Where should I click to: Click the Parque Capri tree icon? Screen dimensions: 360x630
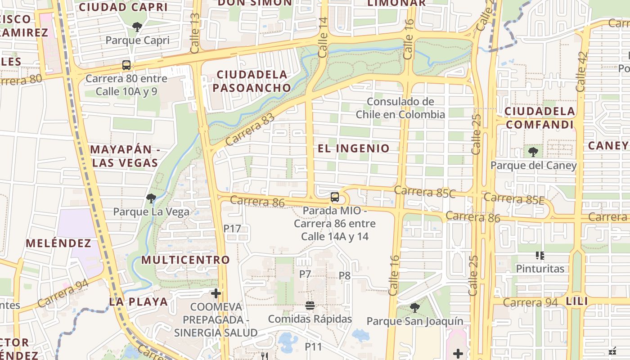coord(137,27)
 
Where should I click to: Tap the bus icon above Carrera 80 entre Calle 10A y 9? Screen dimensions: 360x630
coord(126,65)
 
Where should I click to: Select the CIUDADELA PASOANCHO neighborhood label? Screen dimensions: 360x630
coord(252,81)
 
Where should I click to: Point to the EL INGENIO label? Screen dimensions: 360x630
coord(354,148)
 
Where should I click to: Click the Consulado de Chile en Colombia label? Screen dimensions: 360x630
coord(400,108)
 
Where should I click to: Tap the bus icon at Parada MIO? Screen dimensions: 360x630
coord(334,197)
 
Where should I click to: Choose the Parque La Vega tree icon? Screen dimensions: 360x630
coord(151,198)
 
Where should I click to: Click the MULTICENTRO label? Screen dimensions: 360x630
coord(185,260)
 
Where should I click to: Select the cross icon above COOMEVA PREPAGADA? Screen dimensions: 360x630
coord(216,294)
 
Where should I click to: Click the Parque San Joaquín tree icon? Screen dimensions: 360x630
coord(414,308)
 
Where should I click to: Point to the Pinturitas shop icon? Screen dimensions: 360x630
coord(540,256)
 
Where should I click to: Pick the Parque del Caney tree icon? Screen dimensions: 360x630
coord(533,152)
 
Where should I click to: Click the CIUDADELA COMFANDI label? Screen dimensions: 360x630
coord(540,118)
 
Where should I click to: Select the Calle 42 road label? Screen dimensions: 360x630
coord(581,72)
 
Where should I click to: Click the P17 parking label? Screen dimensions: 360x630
coord(232,229)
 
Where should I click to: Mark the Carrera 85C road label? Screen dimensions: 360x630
coord(425,192)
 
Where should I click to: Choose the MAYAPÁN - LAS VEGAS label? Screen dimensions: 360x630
coord(125,156)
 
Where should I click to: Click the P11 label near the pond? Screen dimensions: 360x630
coord(314,347)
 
